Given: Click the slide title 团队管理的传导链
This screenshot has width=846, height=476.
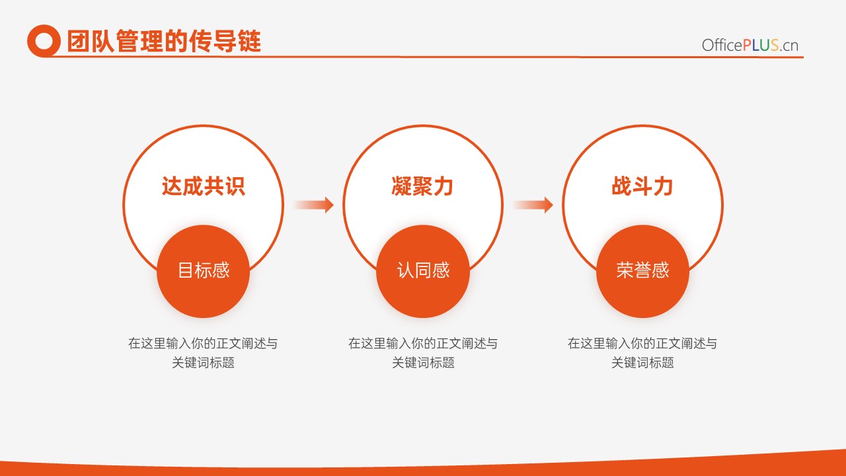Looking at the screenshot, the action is click(x=164, y=41).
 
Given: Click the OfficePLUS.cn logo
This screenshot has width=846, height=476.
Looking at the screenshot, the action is click(x=750, y=46).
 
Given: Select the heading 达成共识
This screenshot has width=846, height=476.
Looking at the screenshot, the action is click(x=203, y=186).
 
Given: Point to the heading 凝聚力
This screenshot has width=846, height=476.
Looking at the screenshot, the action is click(x=422, y=186).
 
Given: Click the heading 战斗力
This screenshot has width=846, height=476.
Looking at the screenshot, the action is click(x=642, y=186).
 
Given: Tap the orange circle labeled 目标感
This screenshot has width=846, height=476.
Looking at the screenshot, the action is click(x=203, y=271).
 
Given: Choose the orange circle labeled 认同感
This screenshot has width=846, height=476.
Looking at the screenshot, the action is click(x=423, y=271).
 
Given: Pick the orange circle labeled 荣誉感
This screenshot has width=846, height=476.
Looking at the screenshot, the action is click(x=643, y=271).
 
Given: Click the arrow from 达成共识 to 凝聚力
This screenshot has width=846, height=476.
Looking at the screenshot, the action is click(x=313, y=205).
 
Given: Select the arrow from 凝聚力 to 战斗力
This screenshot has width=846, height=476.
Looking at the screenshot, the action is click(x=533, y=205).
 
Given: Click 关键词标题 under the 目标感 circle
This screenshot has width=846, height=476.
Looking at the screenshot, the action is click(x=203, y=363).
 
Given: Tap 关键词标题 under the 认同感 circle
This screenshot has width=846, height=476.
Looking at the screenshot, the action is click(x=423, y=363).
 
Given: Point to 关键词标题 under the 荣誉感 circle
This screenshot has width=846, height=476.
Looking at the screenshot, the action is click(x=643, y=363).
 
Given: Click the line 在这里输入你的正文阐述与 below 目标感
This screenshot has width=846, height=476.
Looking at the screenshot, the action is click(x=203, y=343).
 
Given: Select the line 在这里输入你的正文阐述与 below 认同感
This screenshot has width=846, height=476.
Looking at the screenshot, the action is click(x=423, y=343).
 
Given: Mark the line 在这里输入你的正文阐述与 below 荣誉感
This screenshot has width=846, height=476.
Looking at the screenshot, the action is click(x=643, y=343).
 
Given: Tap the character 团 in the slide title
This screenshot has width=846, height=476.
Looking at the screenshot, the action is click(x=79, y=41).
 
